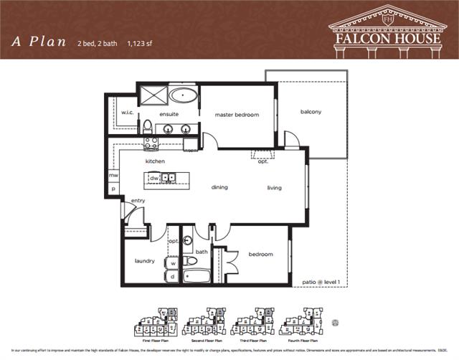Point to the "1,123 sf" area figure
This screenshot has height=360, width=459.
(x=143, y=42)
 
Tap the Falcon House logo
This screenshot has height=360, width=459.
(x=386, y=29)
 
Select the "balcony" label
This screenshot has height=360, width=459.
(x=311, y=111)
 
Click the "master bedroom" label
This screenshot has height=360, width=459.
(x=237, y=114)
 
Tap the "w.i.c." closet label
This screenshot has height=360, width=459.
(x=128, y=113)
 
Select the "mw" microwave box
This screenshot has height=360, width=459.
(x=113, y=175)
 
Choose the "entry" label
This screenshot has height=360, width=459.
(x=138, y=200)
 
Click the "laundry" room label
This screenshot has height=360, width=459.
(x=144, y=260)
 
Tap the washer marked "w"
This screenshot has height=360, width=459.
(x=173, y=263)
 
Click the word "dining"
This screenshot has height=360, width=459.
(x=219, y=188)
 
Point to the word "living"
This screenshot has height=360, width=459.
(x=274, y=188)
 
